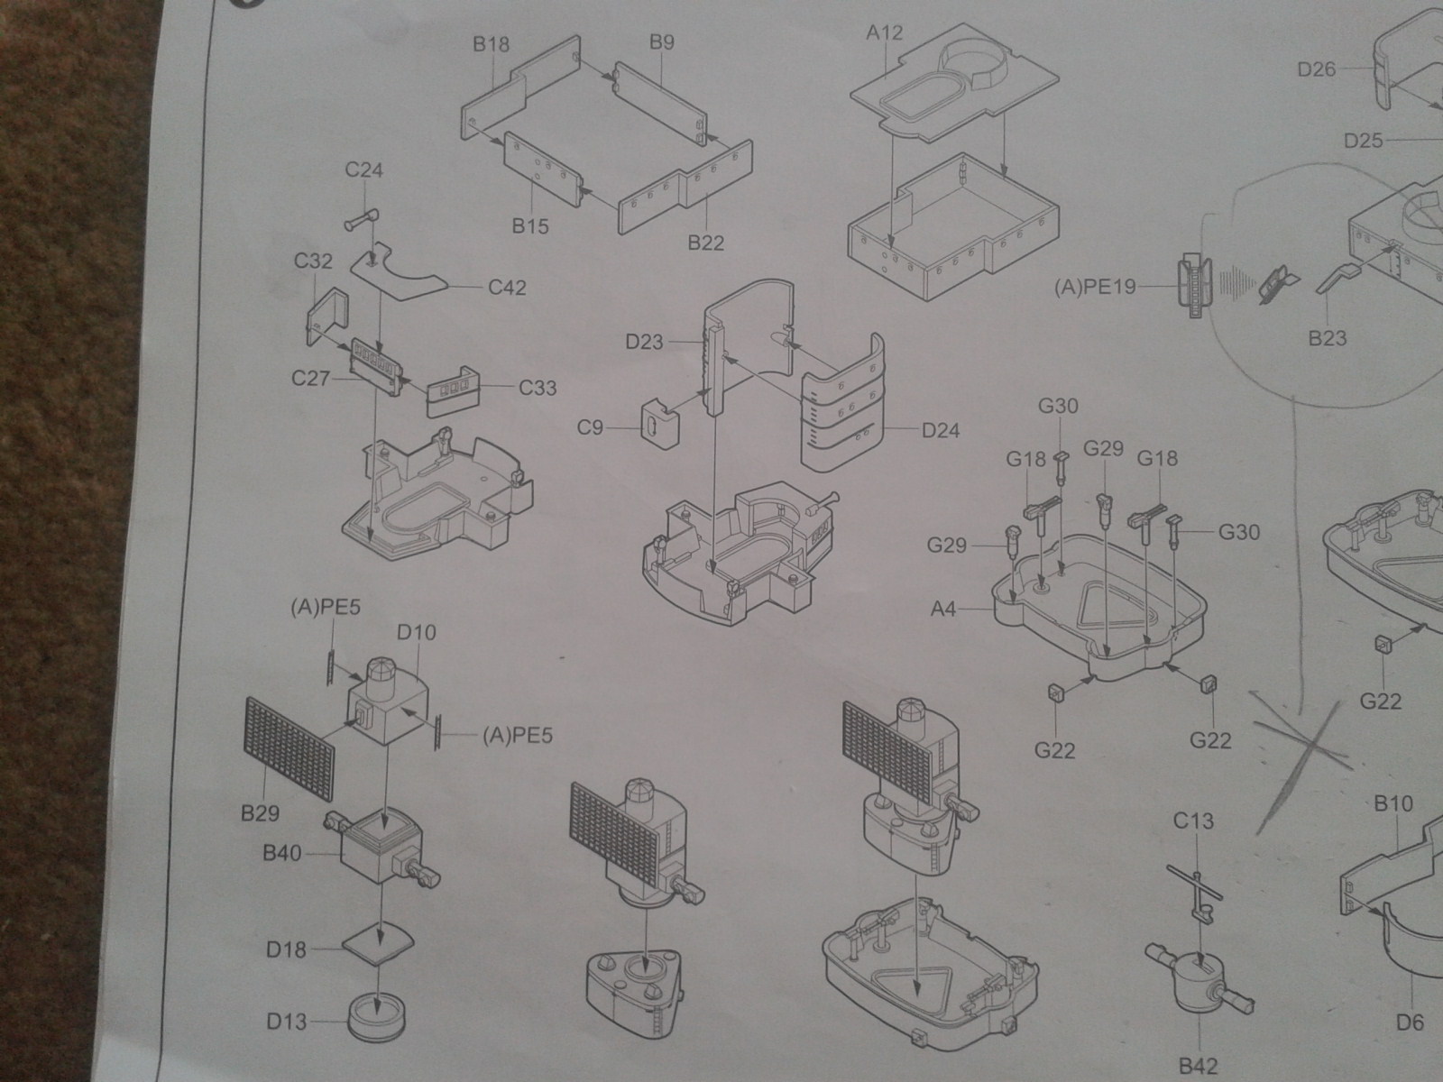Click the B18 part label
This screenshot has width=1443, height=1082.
point(492,44)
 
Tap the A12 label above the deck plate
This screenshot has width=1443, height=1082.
point(884,32)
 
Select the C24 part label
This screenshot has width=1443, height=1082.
point(363,170)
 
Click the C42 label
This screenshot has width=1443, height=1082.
point(507,288)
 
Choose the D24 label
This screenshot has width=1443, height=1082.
point(941,430)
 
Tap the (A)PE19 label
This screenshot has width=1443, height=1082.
point(1095,288)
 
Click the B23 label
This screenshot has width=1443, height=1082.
point(1328,338)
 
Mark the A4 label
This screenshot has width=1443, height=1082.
point(943,610)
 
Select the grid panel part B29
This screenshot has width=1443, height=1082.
point(290,749)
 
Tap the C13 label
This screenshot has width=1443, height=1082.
point(1193,821)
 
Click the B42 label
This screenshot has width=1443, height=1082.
point(1199,1066)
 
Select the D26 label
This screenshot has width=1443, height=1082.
point(1317,69)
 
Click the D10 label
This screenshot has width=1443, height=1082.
point(417,633)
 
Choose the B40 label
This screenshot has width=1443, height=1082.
point(282,853)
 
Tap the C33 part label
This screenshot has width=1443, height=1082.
point(538,388)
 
